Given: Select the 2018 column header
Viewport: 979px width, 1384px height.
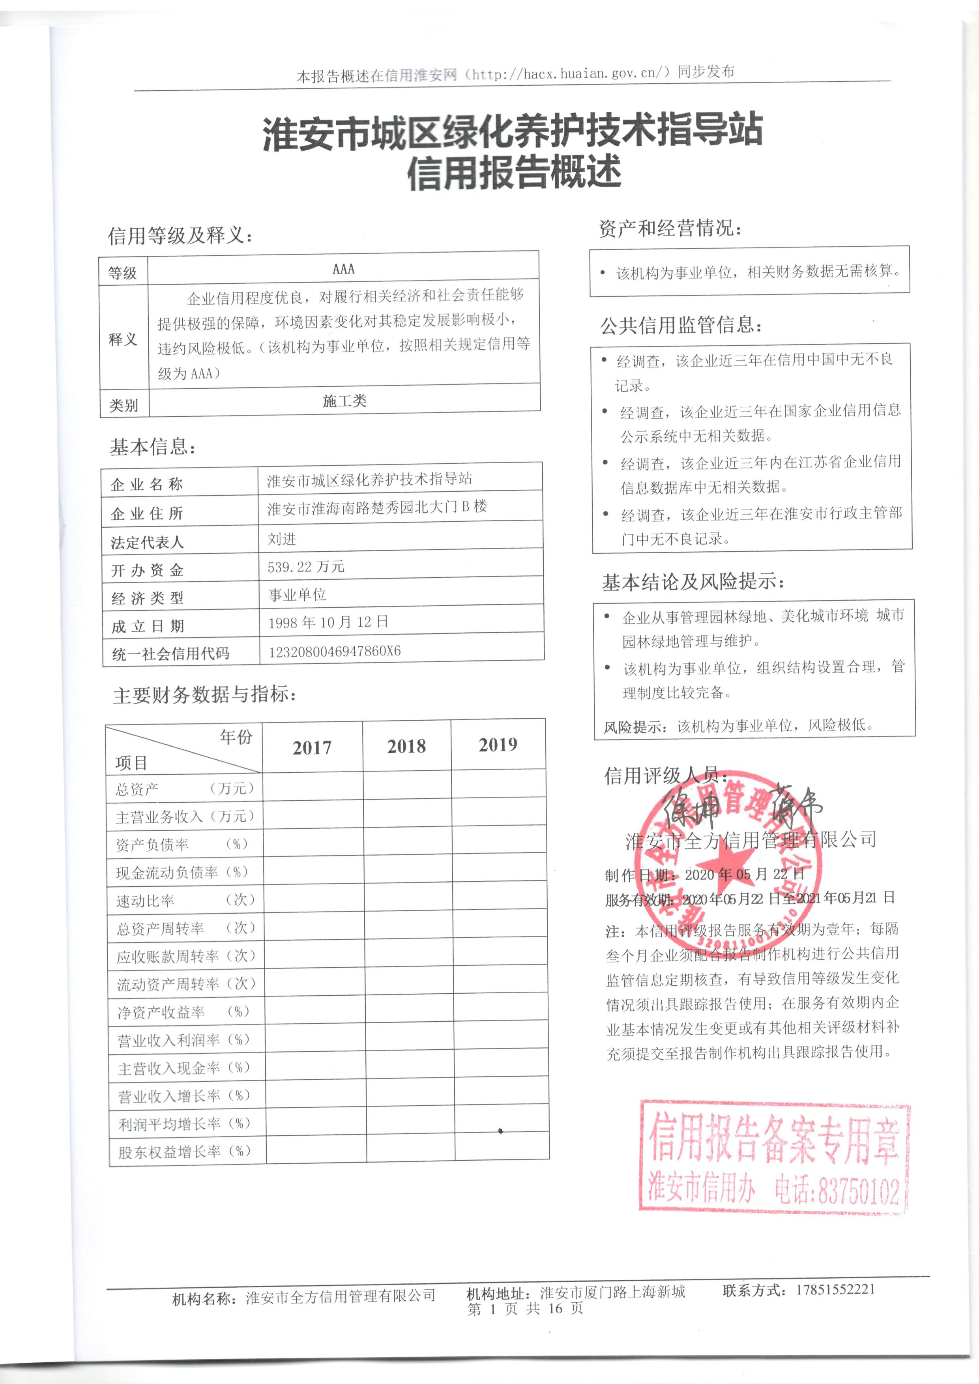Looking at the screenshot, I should pyautogui.click(x=406, y=746).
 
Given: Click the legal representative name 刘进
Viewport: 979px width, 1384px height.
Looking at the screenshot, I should pyautogui.click(x=282, y=538).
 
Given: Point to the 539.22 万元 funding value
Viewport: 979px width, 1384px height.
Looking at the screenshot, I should pyautogui.click(x=306, y=567).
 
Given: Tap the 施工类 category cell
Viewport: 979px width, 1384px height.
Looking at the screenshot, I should pyautogui.click(x=344, y=401).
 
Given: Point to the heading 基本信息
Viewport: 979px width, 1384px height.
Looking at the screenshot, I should pyautogui.click(x=153, y=447).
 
